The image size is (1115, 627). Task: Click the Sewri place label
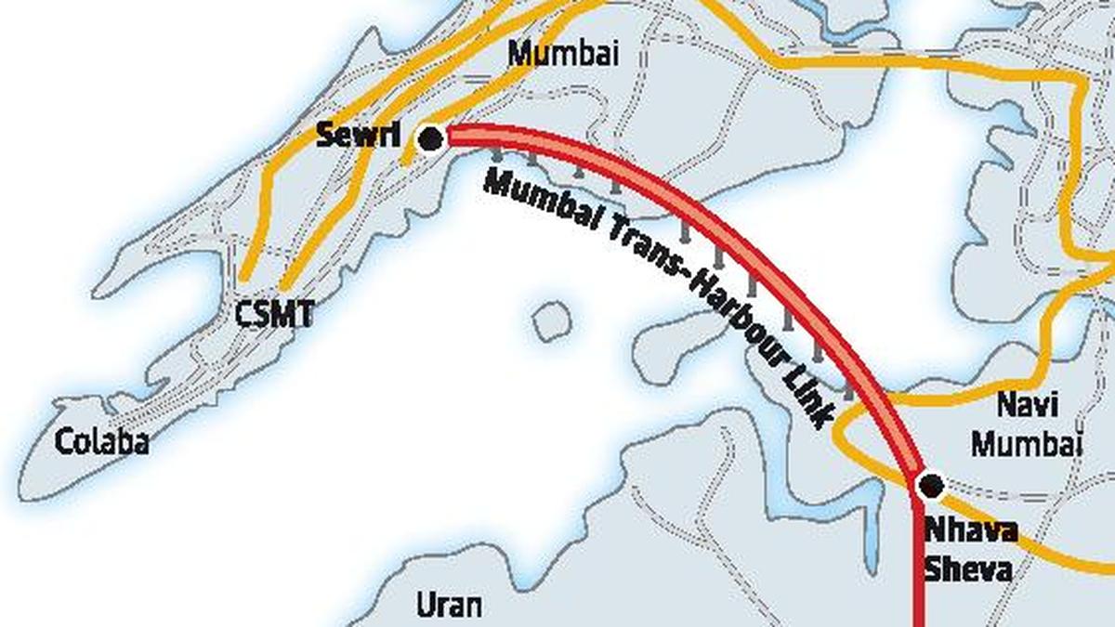pos(358,136)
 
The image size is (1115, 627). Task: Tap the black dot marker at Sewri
pos(430,140)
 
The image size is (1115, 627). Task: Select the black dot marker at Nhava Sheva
pos(930,484)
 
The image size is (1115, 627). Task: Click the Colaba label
pos(102,442)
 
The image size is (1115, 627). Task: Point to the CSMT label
pos(273,315)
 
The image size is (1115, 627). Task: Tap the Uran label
pos(449,606)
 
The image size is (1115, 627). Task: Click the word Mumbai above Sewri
pos(563,54)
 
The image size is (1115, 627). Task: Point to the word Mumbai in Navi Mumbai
pos(1027,443)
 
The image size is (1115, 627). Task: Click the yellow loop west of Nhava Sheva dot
pos(838,433)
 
